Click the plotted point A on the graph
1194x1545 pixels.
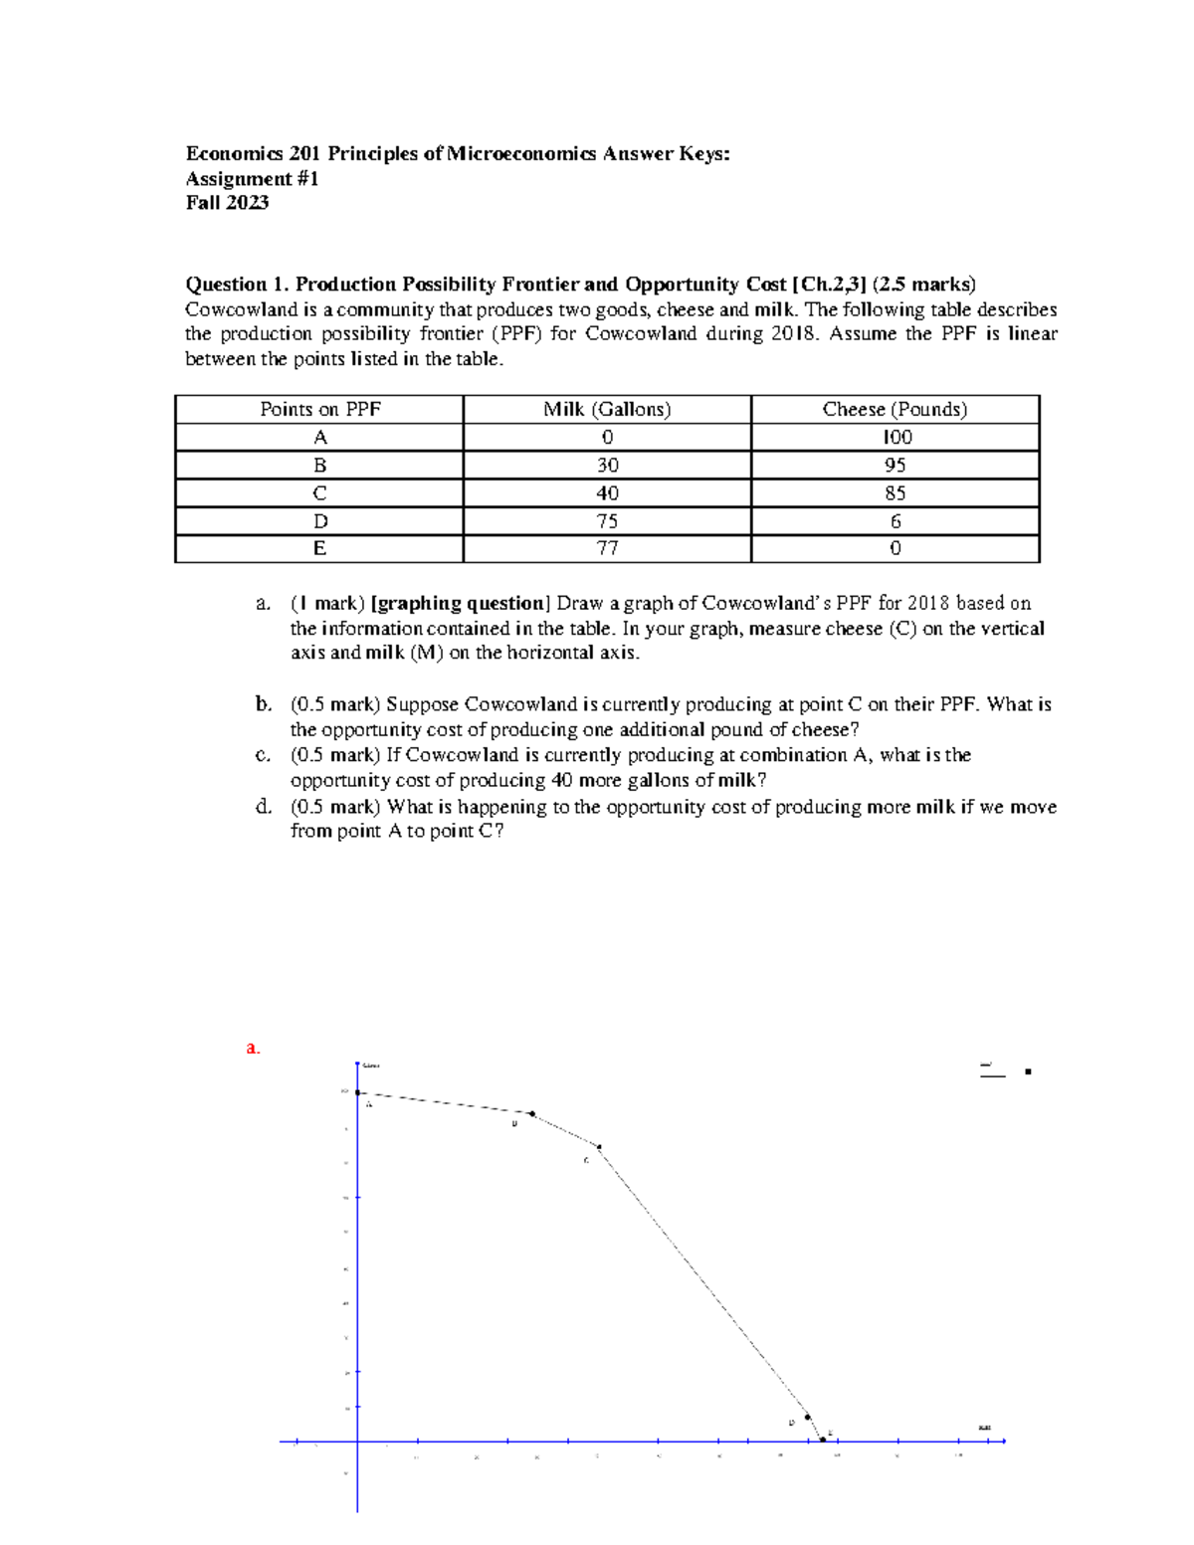click(x=358, y=1092)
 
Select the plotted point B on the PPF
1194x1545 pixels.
click(x=532, y=1114)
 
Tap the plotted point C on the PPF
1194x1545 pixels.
click(x=599, y=1147)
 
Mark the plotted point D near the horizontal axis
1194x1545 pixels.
click(x=807, y=1417)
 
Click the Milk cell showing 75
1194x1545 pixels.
click(x=607, y=521)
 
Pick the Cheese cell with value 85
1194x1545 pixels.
click(x=895, y=493)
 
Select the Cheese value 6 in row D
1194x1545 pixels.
click(x=895, y=521)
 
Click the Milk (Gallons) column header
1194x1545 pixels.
click(x=607, y=409)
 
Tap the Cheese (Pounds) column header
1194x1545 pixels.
click(x=895, y=409)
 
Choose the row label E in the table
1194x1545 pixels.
click(x=319, y=548)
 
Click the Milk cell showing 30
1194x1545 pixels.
click(x=607, y=466)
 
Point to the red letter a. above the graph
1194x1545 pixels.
click(x=253, y=1048)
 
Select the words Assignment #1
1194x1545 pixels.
click(x=252, y=179)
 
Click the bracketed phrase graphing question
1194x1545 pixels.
click(x=459, y=603)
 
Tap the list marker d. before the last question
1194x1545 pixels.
click(x=263, y=806)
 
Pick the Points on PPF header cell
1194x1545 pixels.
click(x=319, y=409)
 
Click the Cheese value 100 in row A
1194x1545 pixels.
click(x=896, y=438)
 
